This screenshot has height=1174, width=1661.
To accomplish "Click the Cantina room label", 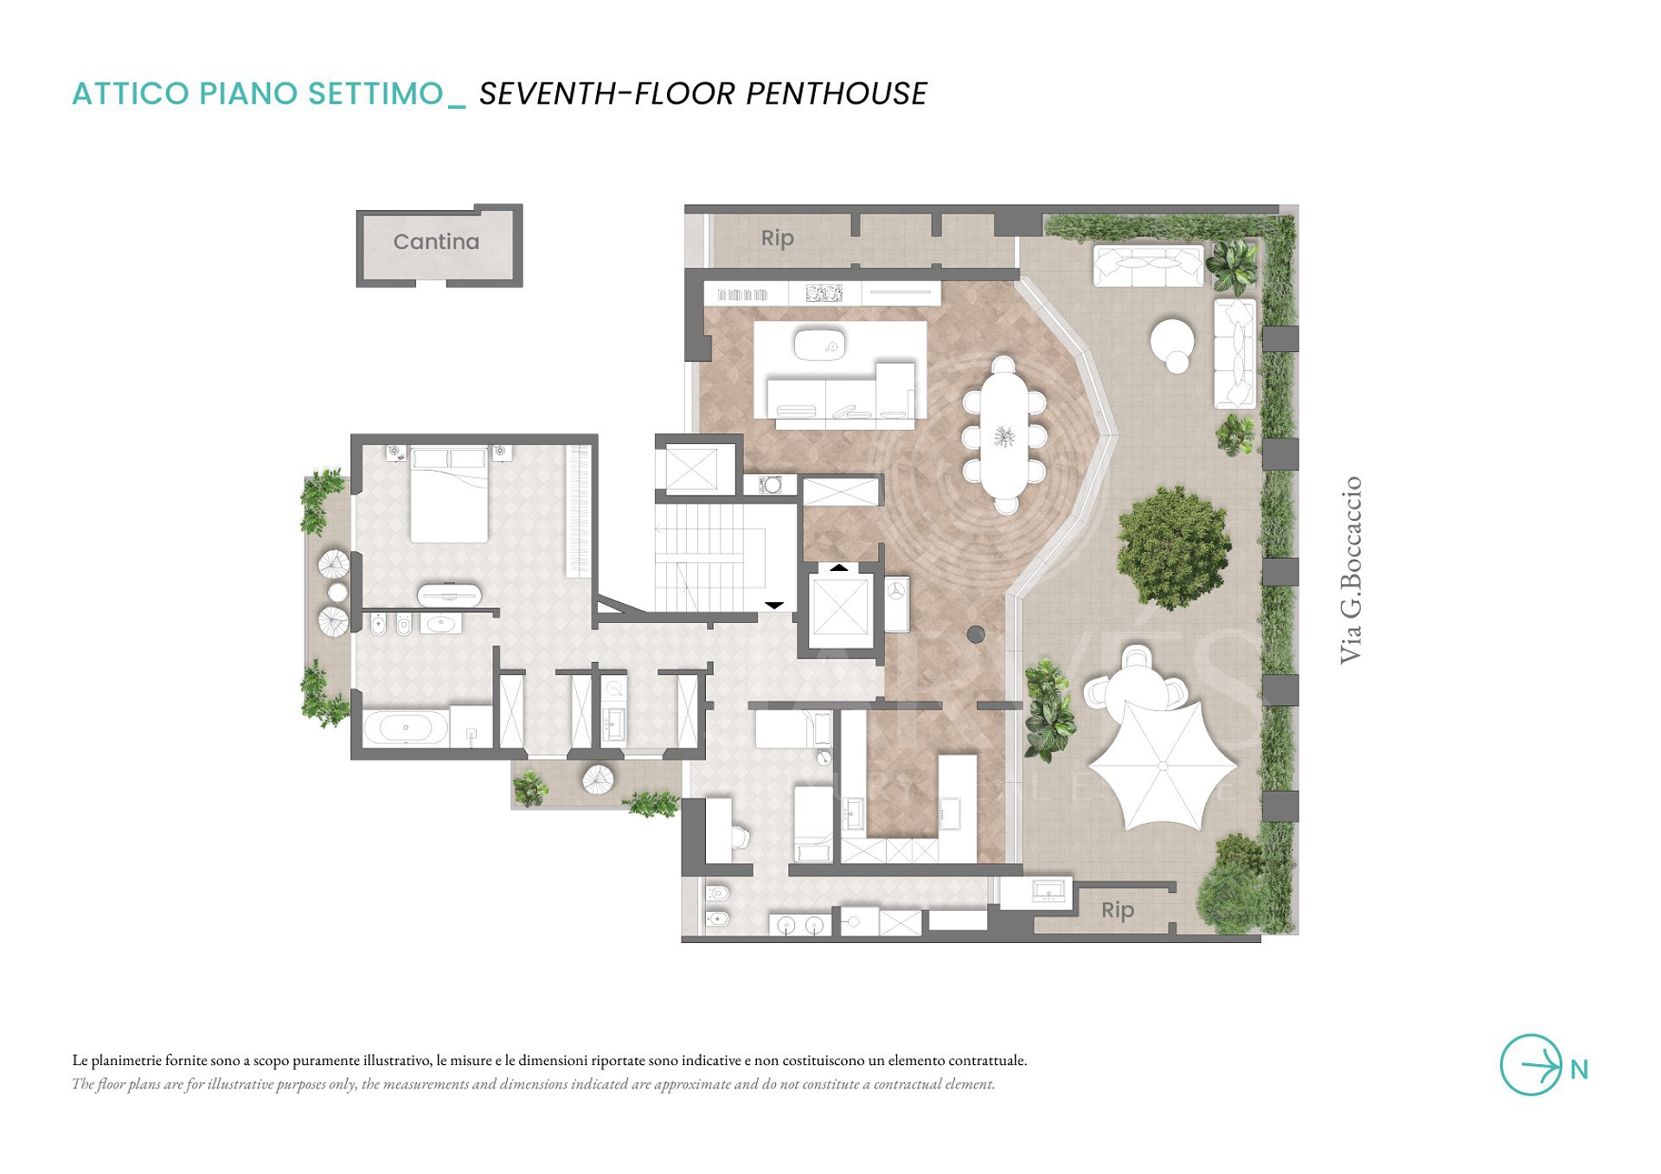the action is [x=436, y=241].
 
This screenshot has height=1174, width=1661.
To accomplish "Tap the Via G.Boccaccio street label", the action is [x=1350, y=570].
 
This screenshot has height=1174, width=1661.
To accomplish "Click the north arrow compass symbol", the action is [x=1531, y=1065].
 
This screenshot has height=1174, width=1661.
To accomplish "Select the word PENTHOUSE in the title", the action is [x=837, y=93].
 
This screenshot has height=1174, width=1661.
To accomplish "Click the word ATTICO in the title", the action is [x=131, y=93].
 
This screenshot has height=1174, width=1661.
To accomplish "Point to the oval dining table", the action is [x=1004, y=435].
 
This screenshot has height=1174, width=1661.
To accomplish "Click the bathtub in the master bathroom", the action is [x=406, y=728].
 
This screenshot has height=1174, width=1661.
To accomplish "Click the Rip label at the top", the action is [x=777, y=238].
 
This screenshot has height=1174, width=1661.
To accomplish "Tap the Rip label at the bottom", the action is [x=1118, y=910].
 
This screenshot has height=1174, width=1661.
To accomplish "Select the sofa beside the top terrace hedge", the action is [x=1148, y=266].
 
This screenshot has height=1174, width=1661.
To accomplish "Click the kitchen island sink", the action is [x=819, y=343].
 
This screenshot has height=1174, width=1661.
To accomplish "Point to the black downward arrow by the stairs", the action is [x=774, y=606].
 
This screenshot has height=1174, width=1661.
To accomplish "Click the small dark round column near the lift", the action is [x=976, y=634].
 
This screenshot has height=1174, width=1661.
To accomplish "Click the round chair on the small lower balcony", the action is [x=599, y=779].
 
